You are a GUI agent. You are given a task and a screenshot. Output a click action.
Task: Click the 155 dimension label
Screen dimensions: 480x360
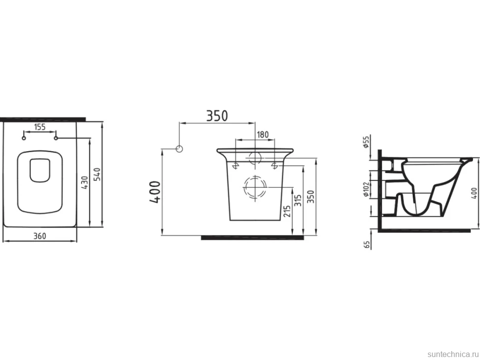(x=40, y=127)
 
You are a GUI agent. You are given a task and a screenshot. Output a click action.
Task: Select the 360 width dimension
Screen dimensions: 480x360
(x=40, y=236)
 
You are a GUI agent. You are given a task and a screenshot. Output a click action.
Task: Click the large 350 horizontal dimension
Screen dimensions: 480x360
(x=217, y=116)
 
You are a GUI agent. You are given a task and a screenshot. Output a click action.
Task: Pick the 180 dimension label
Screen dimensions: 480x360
(x=262, y=135)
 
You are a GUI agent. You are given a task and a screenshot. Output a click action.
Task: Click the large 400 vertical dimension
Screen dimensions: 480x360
(x=155, y=192)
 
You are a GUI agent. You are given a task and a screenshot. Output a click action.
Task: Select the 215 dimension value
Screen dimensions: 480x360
(x=287, y=211)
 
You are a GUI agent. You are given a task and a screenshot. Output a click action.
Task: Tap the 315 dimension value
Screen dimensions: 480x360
(x=298, y=200)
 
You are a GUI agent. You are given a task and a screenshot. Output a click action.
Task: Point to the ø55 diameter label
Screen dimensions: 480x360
(x=366, y=142)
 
